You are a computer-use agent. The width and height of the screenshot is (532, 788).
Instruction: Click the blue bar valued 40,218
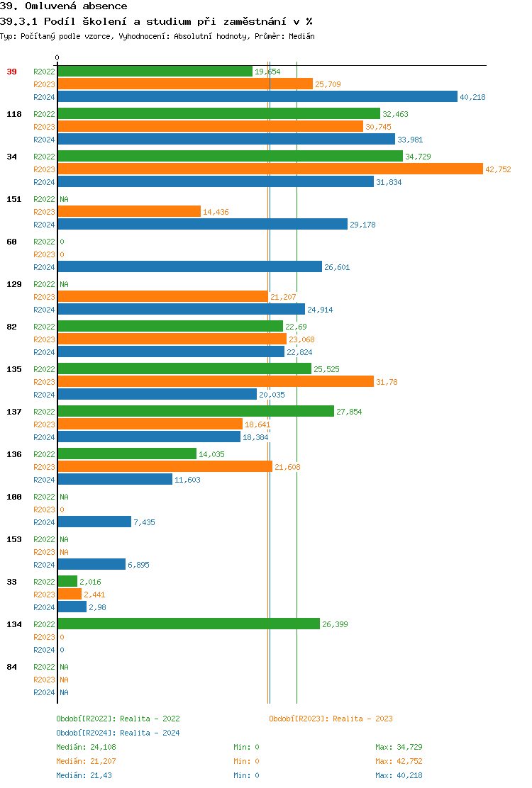[257, 97]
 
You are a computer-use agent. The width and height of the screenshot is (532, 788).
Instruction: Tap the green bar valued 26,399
[189, 624]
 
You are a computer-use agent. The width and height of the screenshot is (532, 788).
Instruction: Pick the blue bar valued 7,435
[94, 522]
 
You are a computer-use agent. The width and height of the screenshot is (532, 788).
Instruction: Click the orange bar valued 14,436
[129, 212]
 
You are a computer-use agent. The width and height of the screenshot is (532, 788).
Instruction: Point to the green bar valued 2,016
[67, 582]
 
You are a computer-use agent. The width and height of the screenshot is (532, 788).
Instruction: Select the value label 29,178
[363, 225]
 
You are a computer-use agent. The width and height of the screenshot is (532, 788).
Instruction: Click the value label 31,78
[387, 382]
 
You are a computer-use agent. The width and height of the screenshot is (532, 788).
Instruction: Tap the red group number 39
[12, 72]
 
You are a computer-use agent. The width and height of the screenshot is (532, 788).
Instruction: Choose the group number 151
[14, 199]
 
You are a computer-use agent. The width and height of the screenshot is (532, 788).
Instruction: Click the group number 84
[12, 667]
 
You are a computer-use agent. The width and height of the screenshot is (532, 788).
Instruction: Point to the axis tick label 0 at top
[57, 57]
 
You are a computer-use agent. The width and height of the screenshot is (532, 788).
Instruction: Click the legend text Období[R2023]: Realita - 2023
[331, 719]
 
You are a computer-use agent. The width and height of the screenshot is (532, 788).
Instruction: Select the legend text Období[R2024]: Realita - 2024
[118, 733]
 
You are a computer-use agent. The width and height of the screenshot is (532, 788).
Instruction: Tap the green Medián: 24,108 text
[86, 747]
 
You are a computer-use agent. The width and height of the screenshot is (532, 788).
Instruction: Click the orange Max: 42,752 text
[399, 761]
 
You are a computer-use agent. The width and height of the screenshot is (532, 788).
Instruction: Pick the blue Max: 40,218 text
[399, 775]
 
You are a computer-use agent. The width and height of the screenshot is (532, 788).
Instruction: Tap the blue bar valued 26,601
[189, 267]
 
